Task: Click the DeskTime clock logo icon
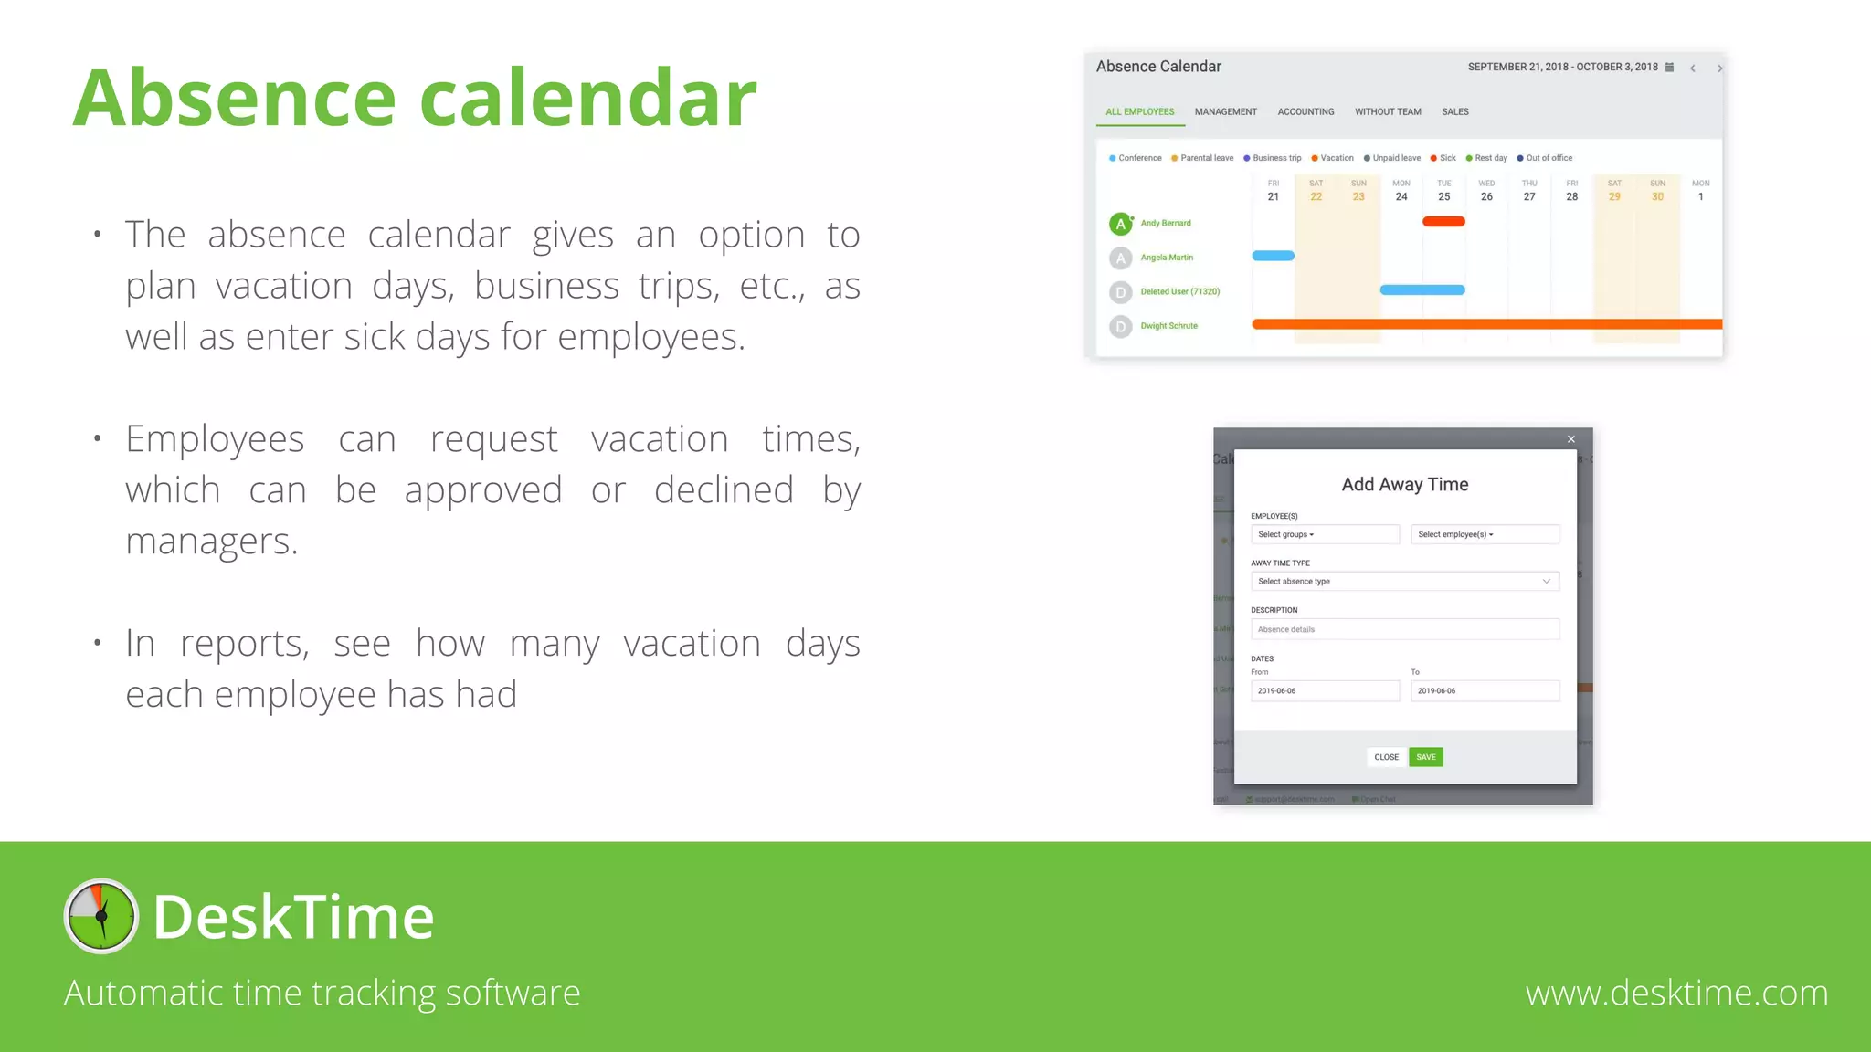(x=101, y=916)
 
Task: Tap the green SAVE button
(x=1425, y=757)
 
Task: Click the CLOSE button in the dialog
(x=1386, y=757)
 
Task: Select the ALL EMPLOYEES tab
(x=1139, y=112)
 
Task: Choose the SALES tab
(x=1454, y=112)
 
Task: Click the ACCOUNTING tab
(x=1305, y=112)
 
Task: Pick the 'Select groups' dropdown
(x=1324, y=534)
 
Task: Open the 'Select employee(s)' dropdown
(x=1485, y=534)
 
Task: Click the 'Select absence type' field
(x=1404, y=582)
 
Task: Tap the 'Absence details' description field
(x=1404, y=629)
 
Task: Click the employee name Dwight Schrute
(x=1168, y=326)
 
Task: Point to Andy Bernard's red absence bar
(x=1443, y=222)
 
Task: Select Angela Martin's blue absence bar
(x=1273, y=256)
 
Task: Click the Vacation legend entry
(x=1336, y=158)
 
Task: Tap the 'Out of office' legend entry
(x=1549, y=158)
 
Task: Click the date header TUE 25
(x=1443, y=191)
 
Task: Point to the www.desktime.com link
(x=1676, y=993)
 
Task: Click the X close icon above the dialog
(x=1571, y=439)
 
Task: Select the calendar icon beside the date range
(x=1669, y=68)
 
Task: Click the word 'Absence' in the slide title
(x=234, y=98)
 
